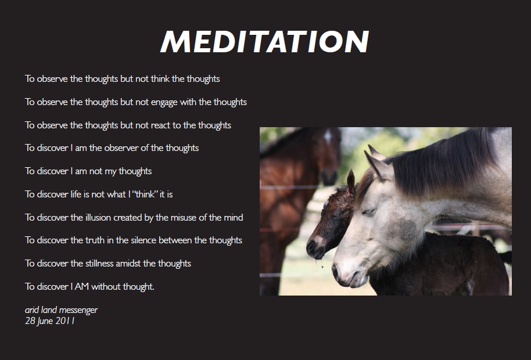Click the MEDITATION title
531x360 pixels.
point(265,42)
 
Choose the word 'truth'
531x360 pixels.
point(97,240)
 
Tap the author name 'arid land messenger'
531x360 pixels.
point(61,310)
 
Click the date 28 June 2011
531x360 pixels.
point(49,321)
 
